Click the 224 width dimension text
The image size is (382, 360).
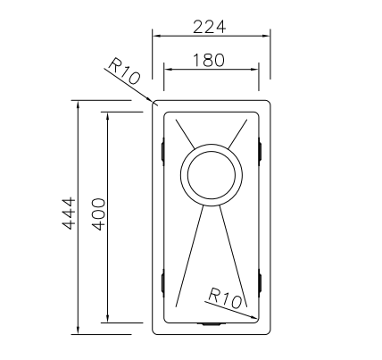point(210,26)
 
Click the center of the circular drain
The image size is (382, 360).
point(210,173)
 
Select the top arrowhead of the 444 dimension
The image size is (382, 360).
point(79,106)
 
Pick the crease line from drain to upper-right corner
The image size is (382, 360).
point(238,134)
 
